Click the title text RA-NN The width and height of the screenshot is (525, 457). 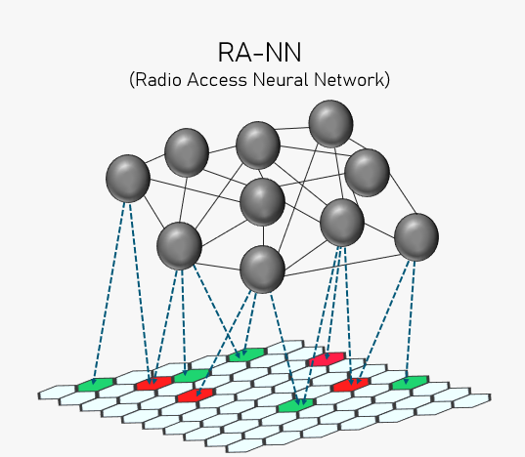pyautogui.click(x=259, y=53)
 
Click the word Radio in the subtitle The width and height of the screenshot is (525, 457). pyautogui.click(x=158, y=80)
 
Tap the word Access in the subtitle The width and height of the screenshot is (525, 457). pyautogui.click(x=217, y=80)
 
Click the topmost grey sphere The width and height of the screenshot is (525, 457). pyautogui.click(x=330, y=124)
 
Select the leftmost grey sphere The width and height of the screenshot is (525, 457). pyautogui.click(x=128, y=178)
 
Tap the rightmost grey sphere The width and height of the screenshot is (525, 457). pyautogui.click(x=416, y=237)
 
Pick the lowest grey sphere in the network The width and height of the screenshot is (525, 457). pyautogui.click(x=262, y=270)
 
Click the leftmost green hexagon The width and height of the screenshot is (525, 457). pyautogui.click(x=96, y=385)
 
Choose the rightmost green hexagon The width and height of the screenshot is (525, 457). pyautogui.click(x=411, y=383)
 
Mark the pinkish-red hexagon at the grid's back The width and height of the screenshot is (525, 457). pyautogui.click(x=327, y=359)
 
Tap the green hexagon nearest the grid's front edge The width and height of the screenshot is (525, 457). pyautogui.click(x=296, y=405)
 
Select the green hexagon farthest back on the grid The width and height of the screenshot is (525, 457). pyautogui.click(x=247, y=354)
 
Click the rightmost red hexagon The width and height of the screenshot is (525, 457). pyautogui.click(x=351, y=385)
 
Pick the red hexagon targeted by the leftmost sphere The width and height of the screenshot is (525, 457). pyautogui.click(x=154, y=383)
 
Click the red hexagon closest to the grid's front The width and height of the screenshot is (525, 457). pyautogui.click(x=196, y=395)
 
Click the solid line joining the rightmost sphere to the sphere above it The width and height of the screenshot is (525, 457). pyautogui.click(x=403, y=194)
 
